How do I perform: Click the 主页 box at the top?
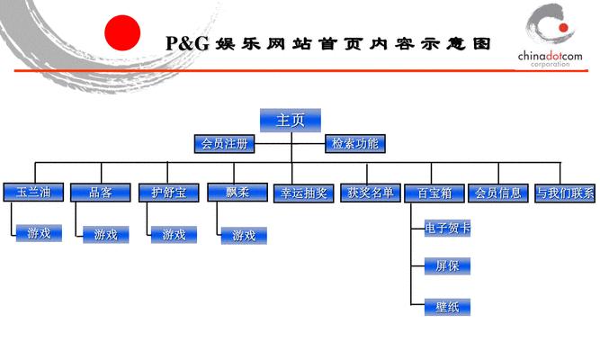coord(291,120)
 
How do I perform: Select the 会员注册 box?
coord(224,143)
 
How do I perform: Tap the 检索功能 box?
coord(354,143)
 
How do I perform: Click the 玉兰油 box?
coord(32,193)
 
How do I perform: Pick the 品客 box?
coord(100,193)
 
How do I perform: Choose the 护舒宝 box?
coord(167,193)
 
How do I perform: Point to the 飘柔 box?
coord(237,193)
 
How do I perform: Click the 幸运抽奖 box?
coord(303,193)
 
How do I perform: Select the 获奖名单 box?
coord(370,193)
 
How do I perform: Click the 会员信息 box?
coord(497,193)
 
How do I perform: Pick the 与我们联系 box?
coord(564,193)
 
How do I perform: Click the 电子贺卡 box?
coord(447,229)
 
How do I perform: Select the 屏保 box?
coord(447,266)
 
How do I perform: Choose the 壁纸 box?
coord(447,307)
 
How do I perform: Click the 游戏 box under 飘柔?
coord(244,236)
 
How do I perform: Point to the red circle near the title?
coord(123,34)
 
